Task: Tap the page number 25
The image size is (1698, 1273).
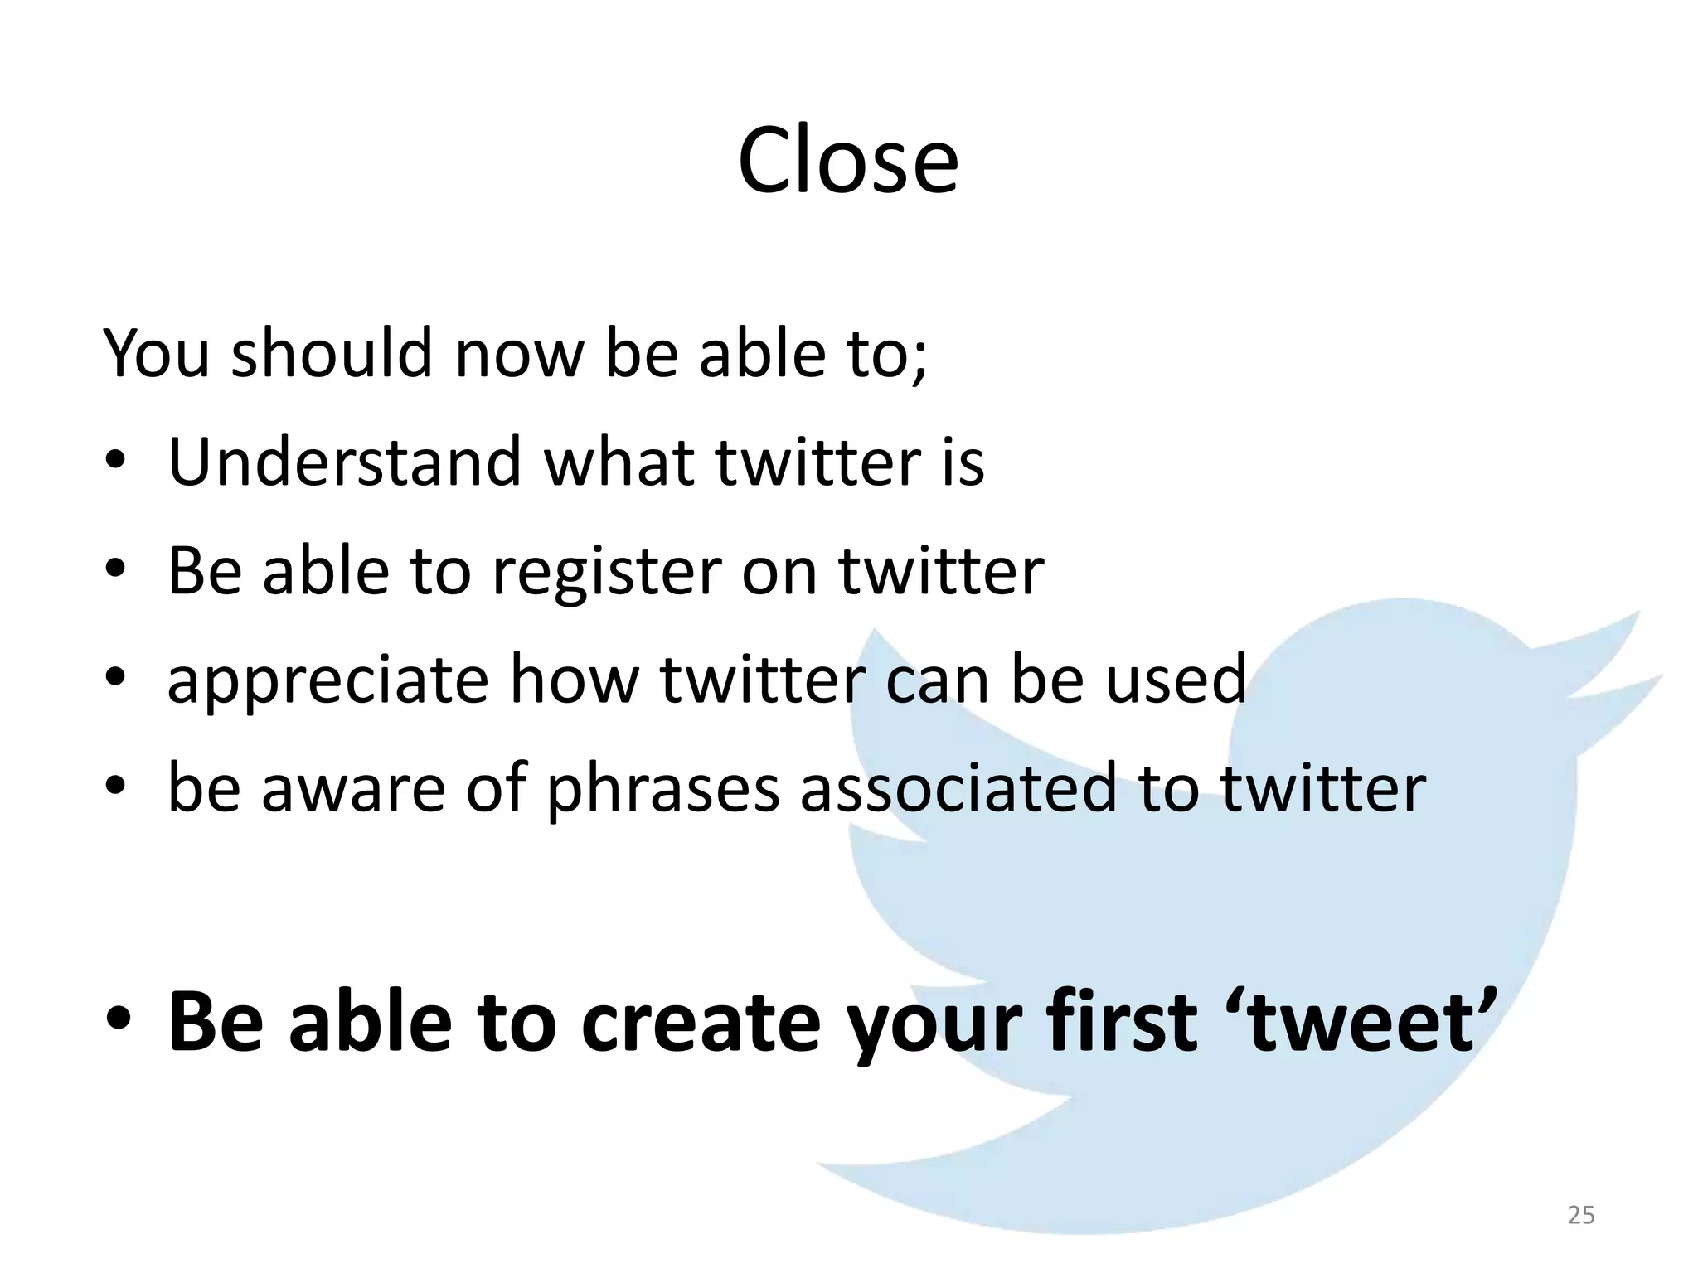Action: click(1581, 1215)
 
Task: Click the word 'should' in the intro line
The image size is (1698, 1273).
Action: click(332, 353)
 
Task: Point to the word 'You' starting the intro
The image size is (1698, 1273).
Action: click(156, 353)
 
